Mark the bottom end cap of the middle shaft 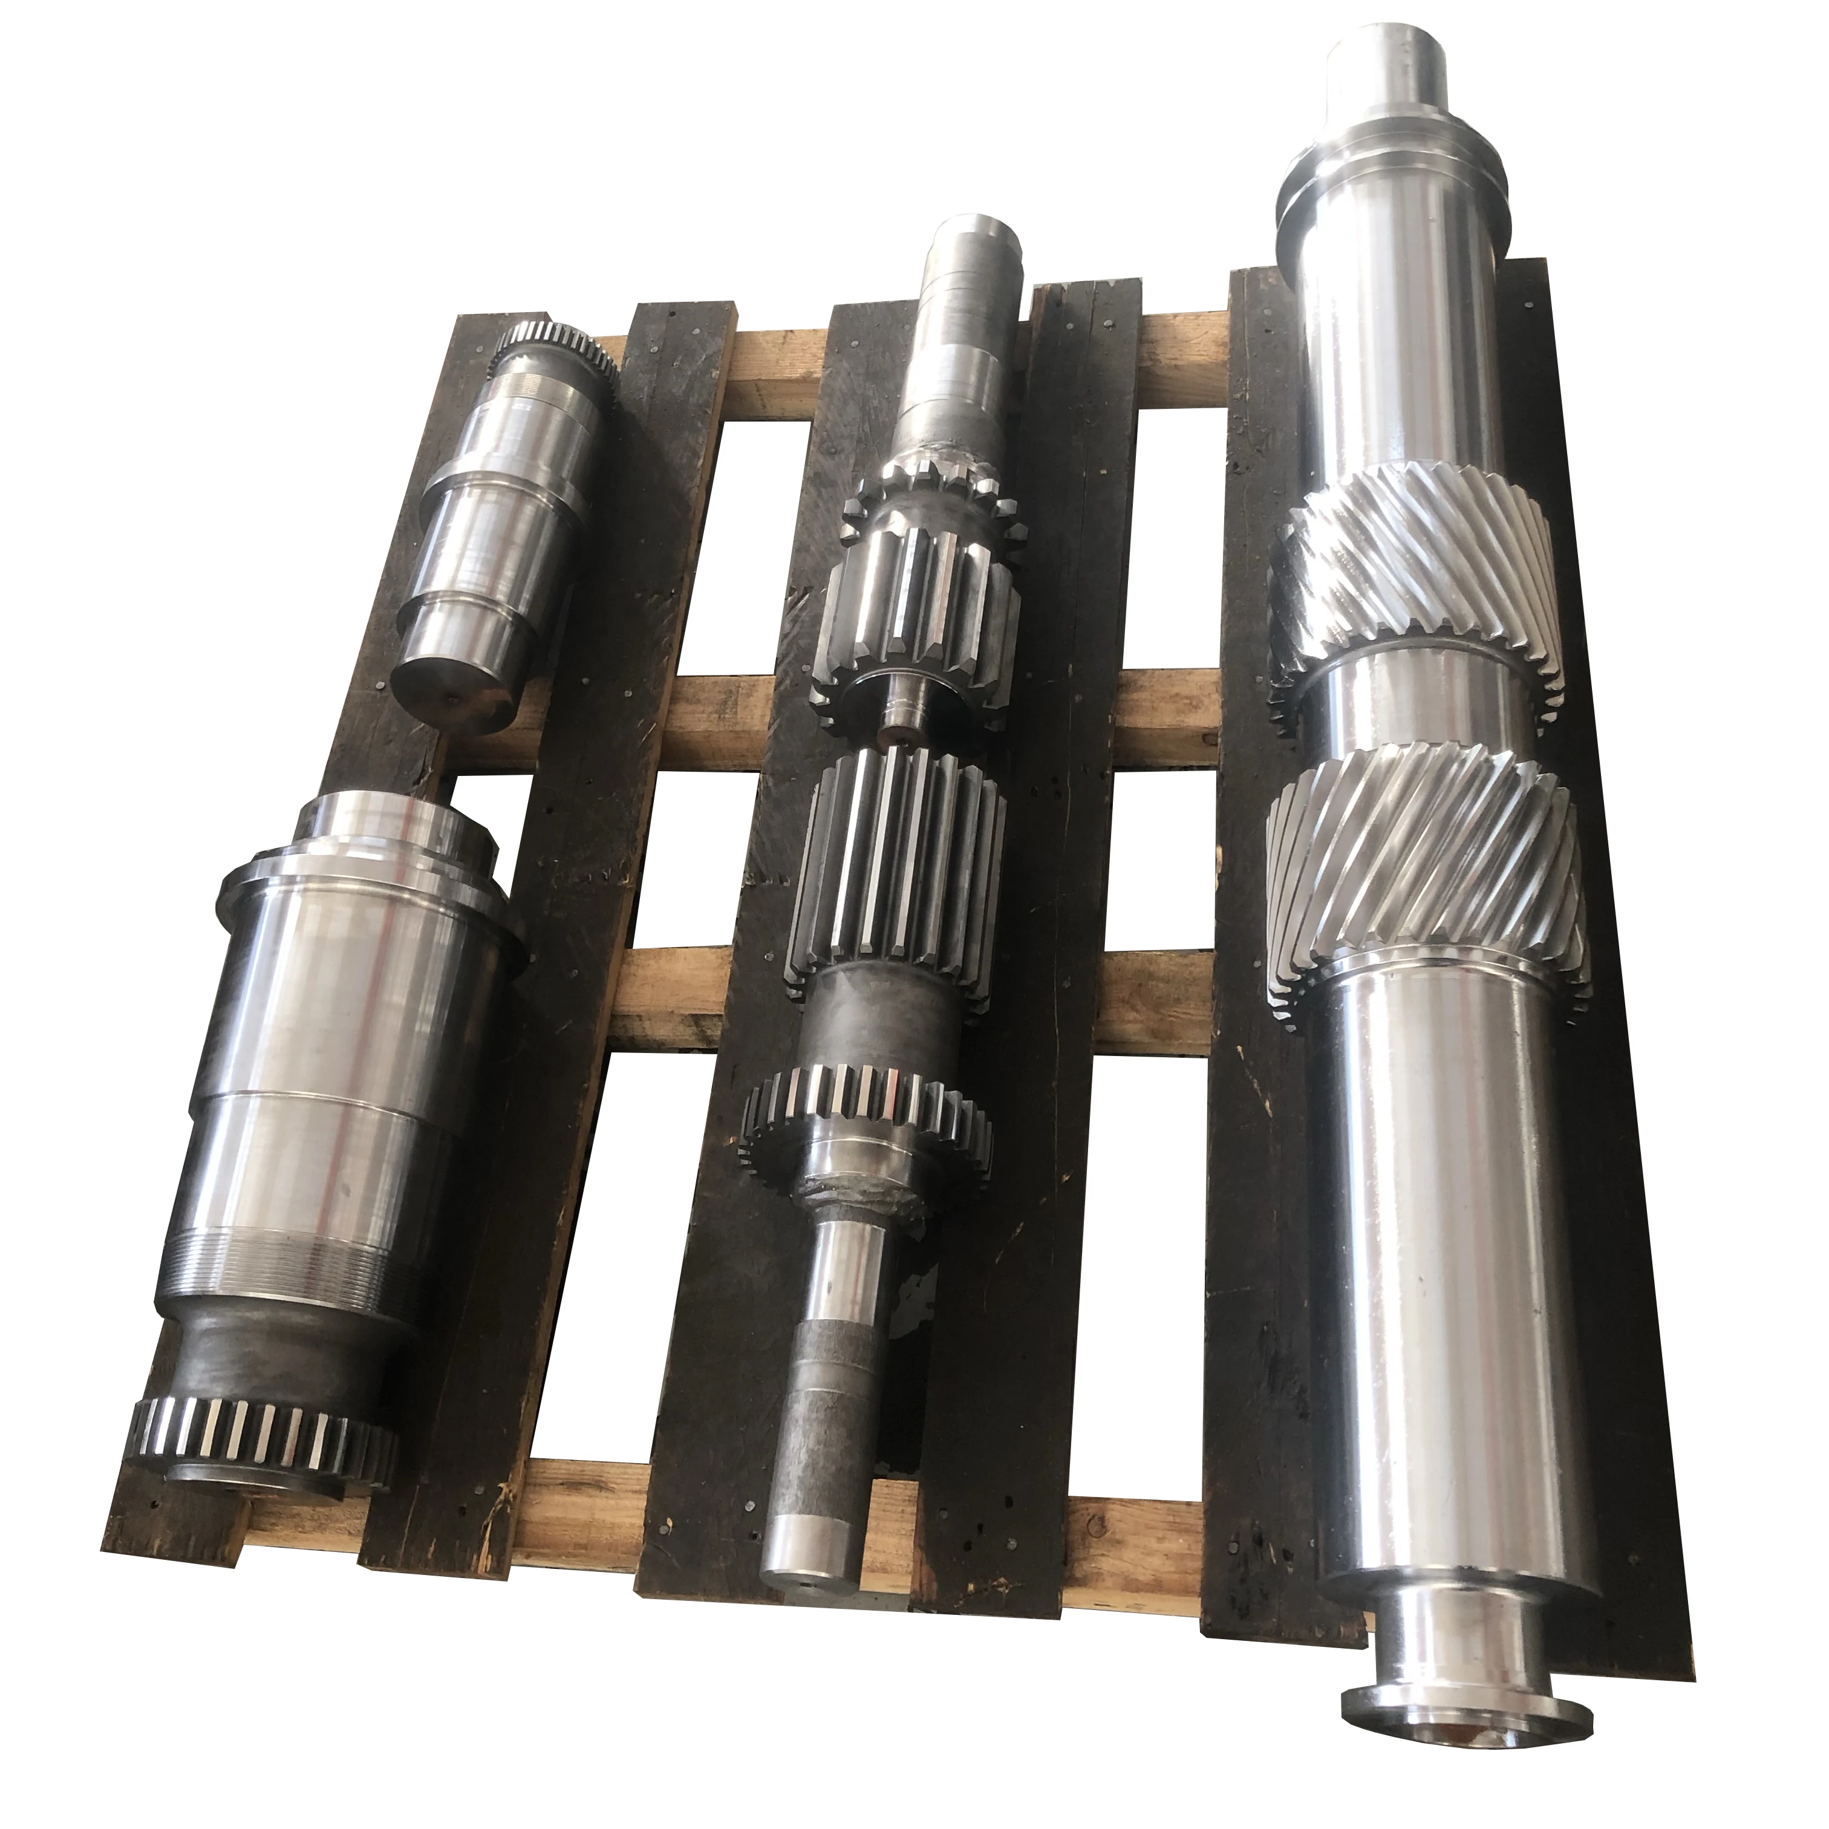tap(809, 1538)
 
